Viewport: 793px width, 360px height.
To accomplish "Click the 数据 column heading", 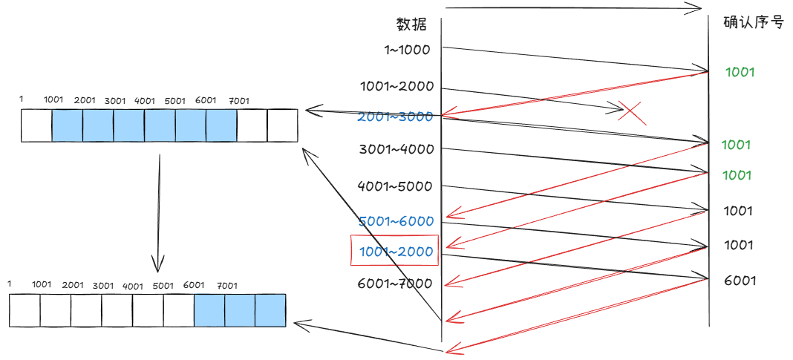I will click(x=411, y=24).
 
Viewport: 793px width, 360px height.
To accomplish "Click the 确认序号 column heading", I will click(x=754, y=22).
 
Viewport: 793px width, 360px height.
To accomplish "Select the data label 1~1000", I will click(x=408, y=50).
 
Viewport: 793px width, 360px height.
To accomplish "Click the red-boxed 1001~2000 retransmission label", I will click(x=395, y=251).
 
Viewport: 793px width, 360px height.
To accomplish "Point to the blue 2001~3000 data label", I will click(x=395, y=117).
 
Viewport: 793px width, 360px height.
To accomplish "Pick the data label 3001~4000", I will click(x=396, y=149).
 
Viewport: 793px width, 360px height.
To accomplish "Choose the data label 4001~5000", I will click(x=395, y=186).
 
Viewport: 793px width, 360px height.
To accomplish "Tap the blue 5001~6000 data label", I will click(x=396, y=221).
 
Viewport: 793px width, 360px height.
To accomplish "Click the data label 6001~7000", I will click(x=395, y=283).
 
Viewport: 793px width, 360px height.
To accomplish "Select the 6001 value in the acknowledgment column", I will click(x=740, y=281).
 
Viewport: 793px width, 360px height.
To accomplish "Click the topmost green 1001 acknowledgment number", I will click(x=740, y=72).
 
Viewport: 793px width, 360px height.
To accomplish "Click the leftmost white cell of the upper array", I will click(x=36, y=125).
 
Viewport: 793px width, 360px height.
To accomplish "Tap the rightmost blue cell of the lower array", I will click(x=270, y=310).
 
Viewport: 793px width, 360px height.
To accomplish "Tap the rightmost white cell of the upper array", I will click(x=282, y=125).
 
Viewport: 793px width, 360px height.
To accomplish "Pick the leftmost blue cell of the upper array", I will click(x=67, y=125).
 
